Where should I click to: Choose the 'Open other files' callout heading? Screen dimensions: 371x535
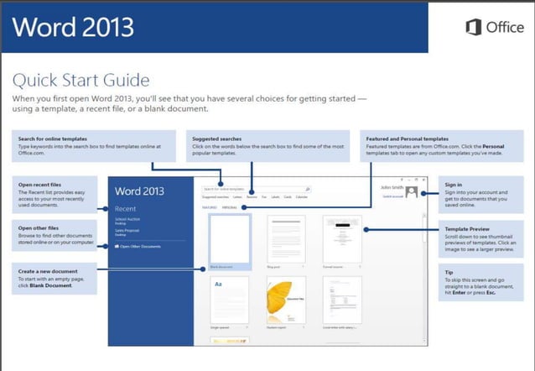pyautogui.click(x=36, y=227)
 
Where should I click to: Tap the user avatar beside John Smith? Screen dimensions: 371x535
pyautogui.click(x=411, y=192)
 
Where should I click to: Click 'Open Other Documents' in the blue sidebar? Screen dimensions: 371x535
pyautogui.click(x=138, y=247)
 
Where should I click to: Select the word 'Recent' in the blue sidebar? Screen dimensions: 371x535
pyautogui.click(x=127, y=208)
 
